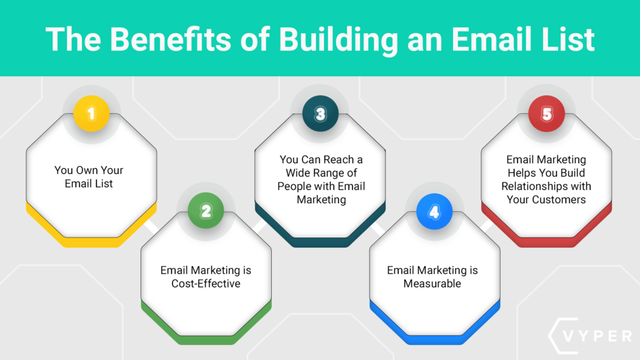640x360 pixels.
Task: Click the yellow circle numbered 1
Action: pos(92,114)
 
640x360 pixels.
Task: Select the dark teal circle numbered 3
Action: pos(320,114)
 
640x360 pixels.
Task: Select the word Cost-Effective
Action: pos(206,283)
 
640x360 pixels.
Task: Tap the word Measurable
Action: pos(432,283)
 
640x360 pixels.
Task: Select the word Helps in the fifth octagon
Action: pos(521,173)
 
